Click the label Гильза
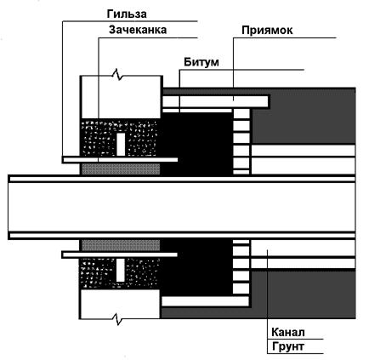tap(127, 14)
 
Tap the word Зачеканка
tap(138, 30)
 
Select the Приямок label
tap(267, 31)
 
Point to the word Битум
tap(202, 62)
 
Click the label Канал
tap(288, 332)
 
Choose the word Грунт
tap(288, 346)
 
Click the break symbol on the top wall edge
tap(118, 75)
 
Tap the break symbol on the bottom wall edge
tap(118, 319)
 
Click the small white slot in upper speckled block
tap(121, 144)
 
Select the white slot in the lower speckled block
tap(120, 271)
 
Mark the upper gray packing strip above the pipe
tap(121, 169)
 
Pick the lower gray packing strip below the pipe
tap(121, 245)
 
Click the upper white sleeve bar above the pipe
tap(120, 160)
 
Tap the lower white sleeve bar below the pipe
tap(120, 254)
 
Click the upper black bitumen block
tap(197, 143)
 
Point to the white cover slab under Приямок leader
tap(215, 102)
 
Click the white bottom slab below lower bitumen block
tap(206, 301)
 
